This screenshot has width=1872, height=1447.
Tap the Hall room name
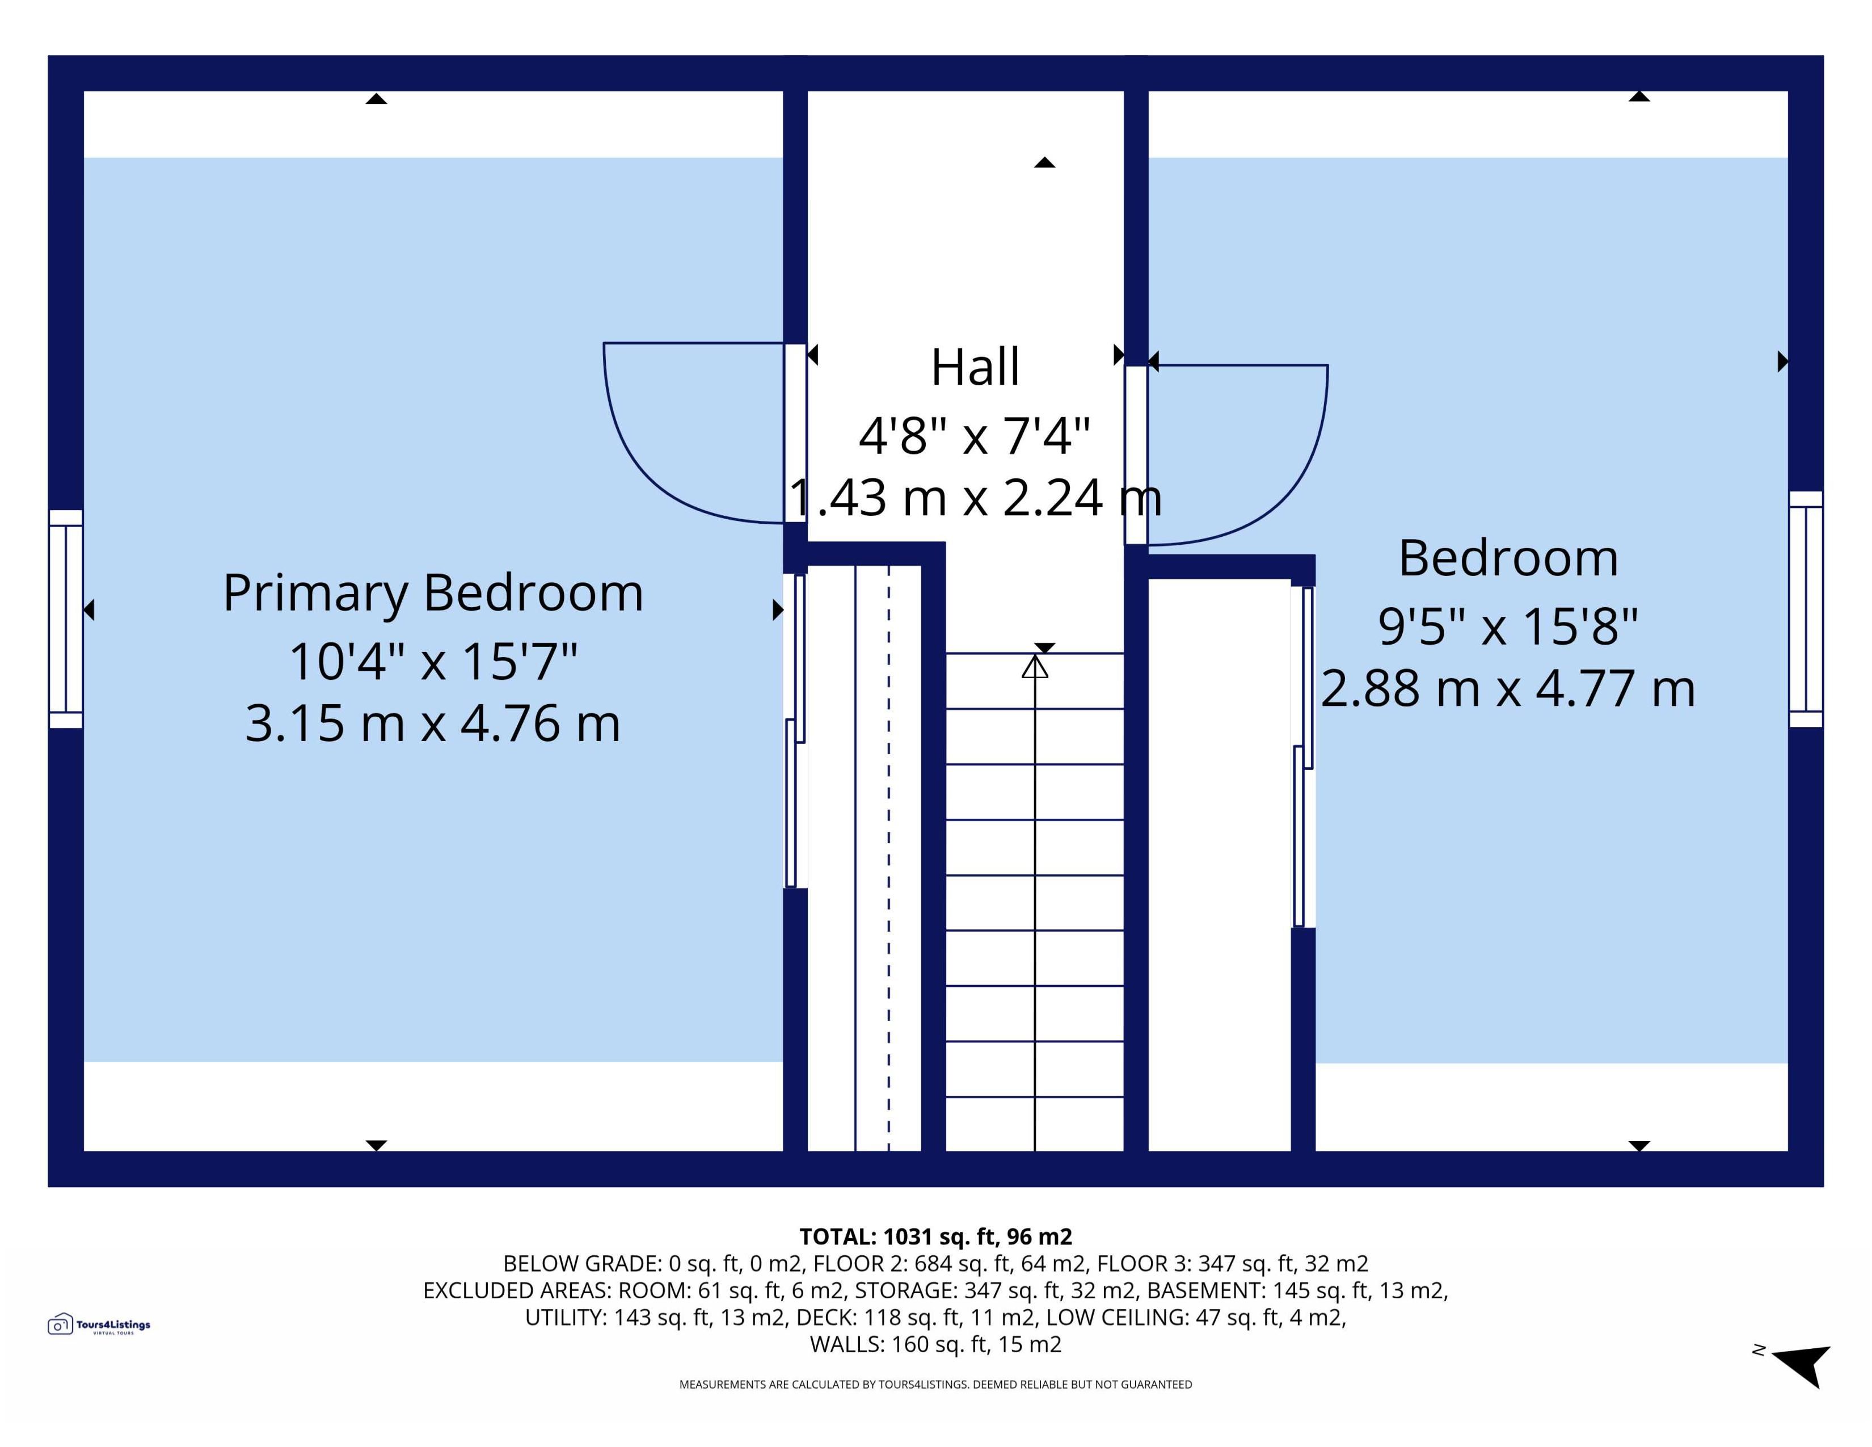976,367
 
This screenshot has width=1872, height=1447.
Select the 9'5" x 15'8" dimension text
1508,626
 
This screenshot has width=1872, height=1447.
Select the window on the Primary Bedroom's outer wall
65,619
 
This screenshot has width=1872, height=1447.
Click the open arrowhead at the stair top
1035,667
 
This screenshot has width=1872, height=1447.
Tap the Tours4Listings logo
99,1324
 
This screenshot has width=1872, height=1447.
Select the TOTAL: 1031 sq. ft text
935,1237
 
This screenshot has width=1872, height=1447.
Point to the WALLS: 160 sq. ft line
935,1344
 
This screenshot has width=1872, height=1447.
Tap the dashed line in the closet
889,857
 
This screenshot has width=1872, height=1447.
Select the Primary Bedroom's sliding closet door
795,730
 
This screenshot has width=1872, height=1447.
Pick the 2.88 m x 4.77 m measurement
1508,688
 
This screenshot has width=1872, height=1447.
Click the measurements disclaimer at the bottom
935,1385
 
